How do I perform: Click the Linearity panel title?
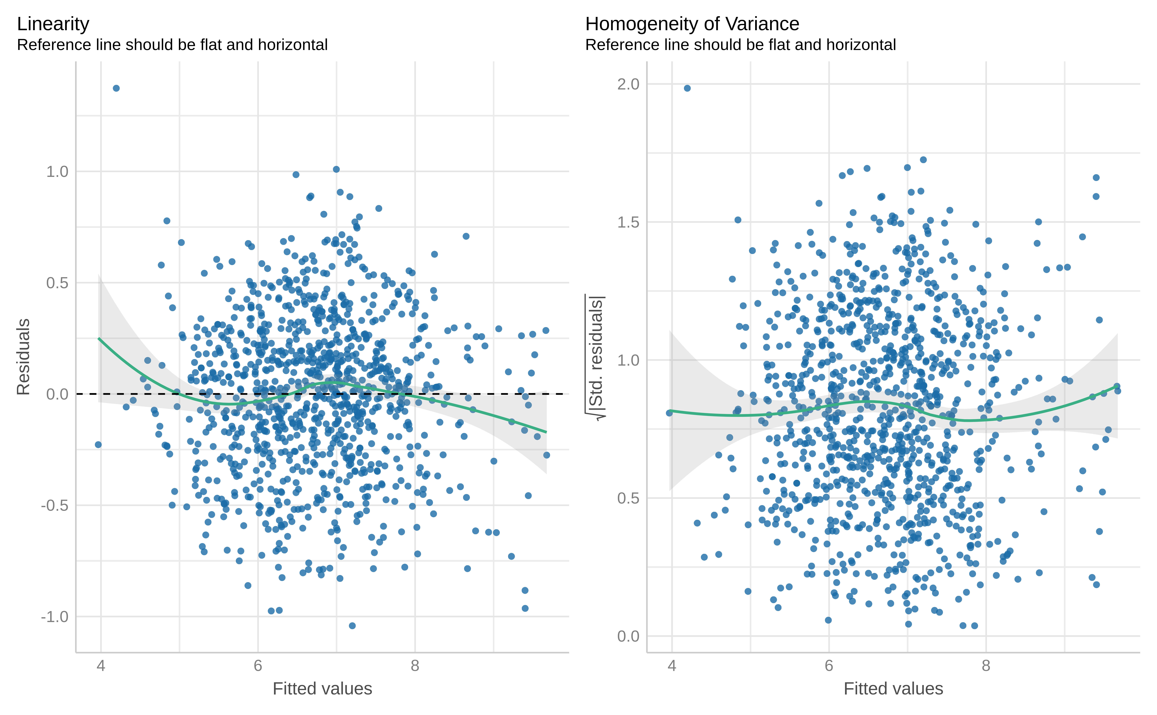53,24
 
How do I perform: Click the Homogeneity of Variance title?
692,24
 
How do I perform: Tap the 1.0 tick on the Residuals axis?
57,172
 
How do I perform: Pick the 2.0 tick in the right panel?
628,84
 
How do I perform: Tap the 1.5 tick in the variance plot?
628,222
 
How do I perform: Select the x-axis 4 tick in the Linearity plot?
101,666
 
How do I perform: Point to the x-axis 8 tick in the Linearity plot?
415,666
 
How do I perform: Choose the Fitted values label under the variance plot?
893,689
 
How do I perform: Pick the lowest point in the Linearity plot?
352,626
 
